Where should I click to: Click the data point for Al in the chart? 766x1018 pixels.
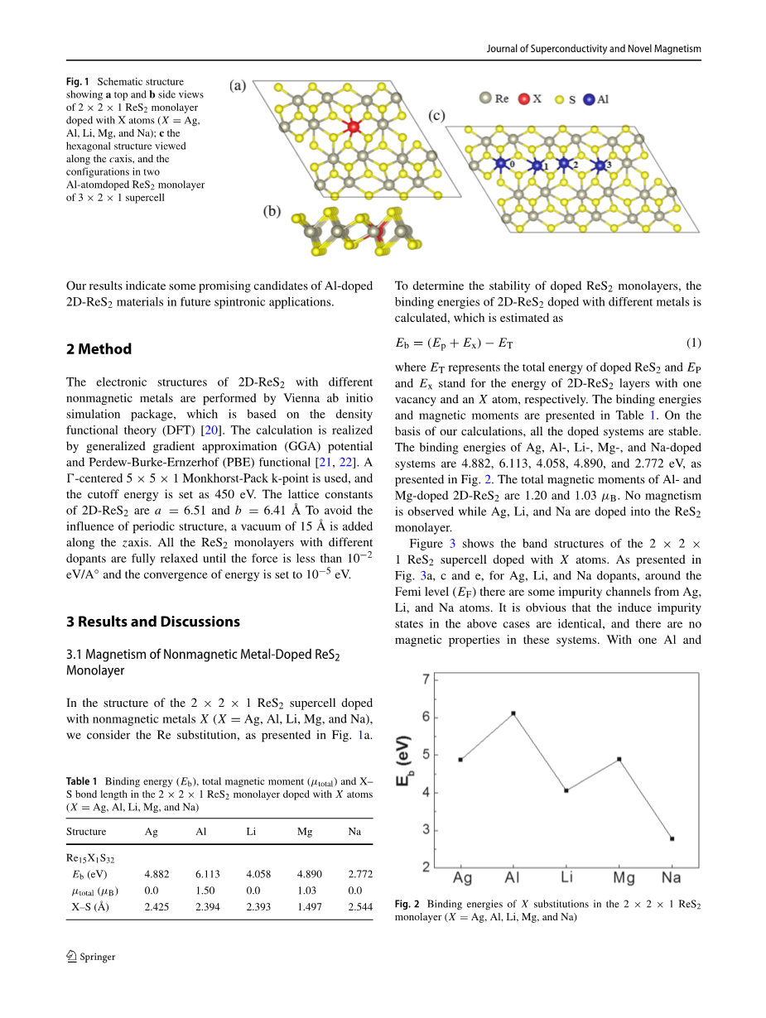tap(513, 713)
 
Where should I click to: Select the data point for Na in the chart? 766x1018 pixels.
tap(672, 838)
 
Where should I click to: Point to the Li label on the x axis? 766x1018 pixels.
tap(566, 877)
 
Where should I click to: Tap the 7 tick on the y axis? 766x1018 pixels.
tap(426, 679)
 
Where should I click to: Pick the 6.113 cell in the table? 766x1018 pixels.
tap(207, 873)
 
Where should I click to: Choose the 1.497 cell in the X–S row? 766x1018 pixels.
tap(309, 906)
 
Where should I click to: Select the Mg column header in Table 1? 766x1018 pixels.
tap(305, 831)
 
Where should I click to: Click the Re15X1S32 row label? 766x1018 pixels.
tap(91, 858)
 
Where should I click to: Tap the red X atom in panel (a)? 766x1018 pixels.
tap(354, 127)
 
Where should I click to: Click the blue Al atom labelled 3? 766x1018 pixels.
tap(600, 166)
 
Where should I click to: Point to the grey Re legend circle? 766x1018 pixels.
tap(485, 98)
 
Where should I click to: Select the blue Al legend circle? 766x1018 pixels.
tap(589, 99)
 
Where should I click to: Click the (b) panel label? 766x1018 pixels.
tap(272, 212)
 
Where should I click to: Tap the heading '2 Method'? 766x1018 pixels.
tap(99, 349)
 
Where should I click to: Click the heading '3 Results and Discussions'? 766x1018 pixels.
tap(153, 622)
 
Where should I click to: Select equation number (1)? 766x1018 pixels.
tap(694, 343)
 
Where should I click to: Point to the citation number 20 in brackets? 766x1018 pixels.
tap(210, 430)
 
